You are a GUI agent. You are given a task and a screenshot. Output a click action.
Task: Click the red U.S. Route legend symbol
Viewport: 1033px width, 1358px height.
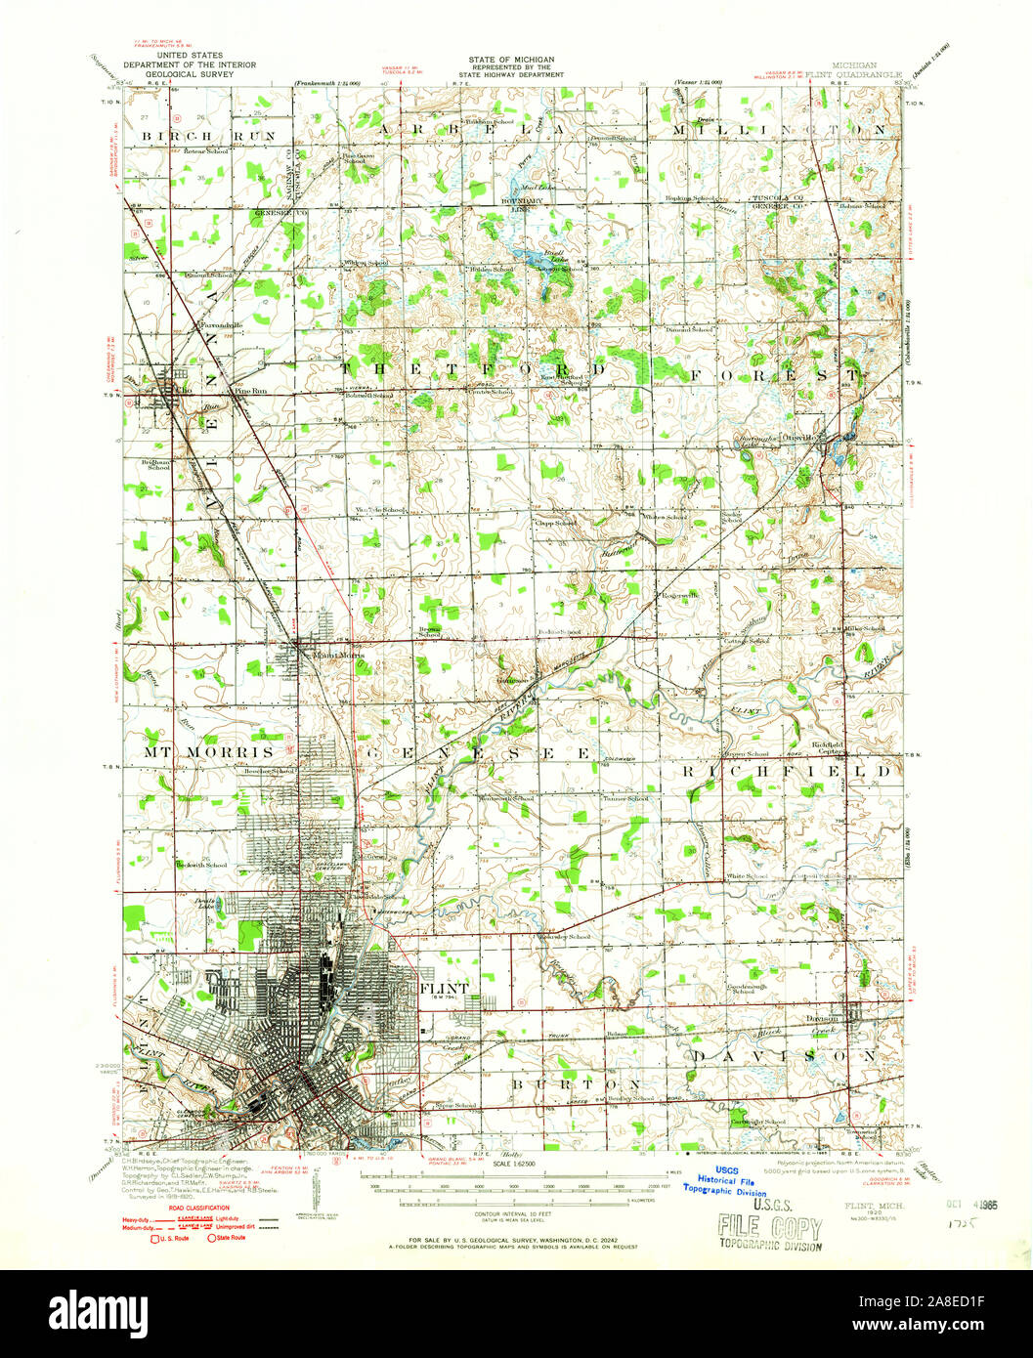pyautogui.click(x=154, y=1238)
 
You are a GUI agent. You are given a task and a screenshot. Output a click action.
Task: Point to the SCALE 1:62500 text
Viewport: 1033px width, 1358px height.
pyautogui.click(x=515, y=1162)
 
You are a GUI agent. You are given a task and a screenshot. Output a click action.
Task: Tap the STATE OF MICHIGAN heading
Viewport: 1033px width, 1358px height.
pyautogui.click(x=510, y=59)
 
